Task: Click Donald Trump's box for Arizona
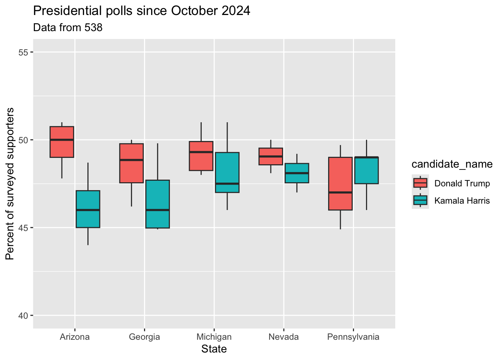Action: click(62, 142)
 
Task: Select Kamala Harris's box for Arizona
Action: click(88, 209)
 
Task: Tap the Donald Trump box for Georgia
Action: click(131, 163)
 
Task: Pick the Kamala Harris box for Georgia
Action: click(157, 204)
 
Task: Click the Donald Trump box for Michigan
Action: click(201, 156)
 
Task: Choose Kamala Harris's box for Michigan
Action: click(227, 172)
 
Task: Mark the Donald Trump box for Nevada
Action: click(271, 156)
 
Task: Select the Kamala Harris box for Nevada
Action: click(297, 173)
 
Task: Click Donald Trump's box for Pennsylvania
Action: click(340, 184)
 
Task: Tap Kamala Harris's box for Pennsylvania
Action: click(366, 170)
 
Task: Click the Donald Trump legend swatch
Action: click(420, 183)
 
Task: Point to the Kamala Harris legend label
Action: click(462, 201)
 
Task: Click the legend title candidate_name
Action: click(452, 164)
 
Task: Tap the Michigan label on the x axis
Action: click(214, 337)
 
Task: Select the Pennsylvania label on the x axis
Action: click(353, 337)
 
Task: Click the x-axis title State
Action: click(214, 349)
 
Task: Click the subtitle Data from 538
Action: click(68, 27)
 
